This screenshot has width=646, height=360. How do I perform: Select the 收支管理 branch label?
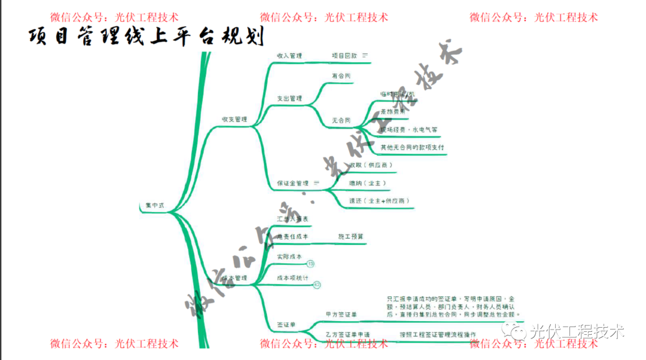tap(234, 120)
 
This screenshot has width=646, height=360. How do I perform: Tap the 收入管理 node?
tap(290, 56)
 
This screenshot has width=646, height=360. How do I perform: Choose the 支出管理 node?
tap(290, 99)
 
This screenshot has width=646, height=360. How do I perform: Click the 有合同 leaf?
tap(341, 77)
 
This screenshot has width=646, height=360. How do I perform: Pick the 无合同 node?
tap(341, 120)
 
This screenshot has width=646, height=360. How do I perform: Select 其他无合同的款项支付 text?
tap(412, 147)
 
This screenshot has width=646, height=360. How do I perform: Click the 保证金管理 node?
tap(292, 183)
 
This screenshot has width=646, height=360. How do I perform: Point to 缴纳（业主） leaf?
tap(368, 183)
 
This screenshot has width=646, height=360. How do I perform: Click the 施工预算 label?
tap(351, 237)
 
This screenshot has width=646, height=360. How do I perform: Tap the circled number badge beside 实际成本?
tap(310, 264)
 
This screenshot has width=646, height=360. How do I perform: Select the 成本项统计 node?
tap(292, 278)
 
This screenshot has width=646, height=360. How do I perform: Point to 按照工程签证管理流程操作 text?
tap(438, 334)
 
